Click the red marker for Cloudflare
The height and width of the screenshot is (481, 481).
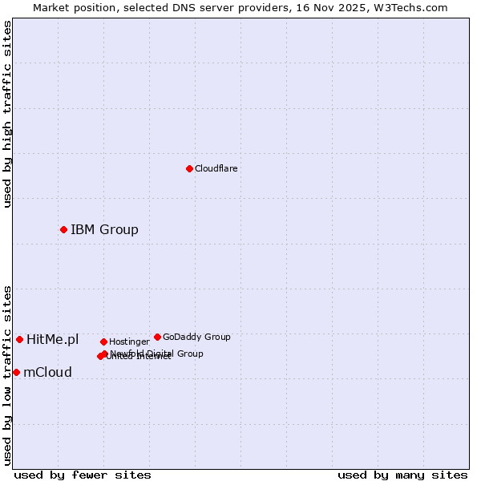point(189,168)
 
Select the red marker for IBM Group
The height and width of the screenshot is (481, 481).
point(63,229)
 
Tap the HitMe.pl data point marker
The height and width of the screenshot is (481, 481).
point(19,339)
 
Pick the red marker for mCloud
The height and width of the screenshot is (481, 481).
point(16,372)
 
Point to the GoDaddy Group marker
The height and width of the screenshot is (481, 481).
point(157,337)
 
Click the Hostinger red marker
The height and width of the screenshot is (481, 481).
point(103,342)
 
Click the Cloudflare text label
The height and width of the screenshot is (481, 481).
point(216,168)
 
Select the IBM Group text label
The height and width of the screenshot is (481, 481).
point(104,230)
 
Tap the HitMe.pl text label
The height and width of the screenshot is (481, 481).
point(52,340)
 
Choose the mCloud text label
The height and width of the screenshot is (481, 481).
point(47,373)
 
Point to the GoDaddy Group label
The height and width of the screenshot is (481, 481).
point(196,337)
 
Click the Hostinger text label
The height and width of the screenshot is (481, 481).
point(129,342)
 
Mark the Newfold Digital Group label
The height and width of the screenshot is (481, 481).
point(157,354)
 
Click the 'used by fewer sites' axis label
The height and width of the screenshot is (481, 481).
point(83,475)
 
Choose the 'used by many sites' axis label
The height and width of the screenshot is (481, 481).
point(402,475)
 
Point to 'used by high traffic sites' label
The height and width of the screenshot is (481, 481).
point(7,114)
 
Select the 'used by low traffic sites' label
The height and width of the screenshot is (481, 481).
point(7,375)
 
